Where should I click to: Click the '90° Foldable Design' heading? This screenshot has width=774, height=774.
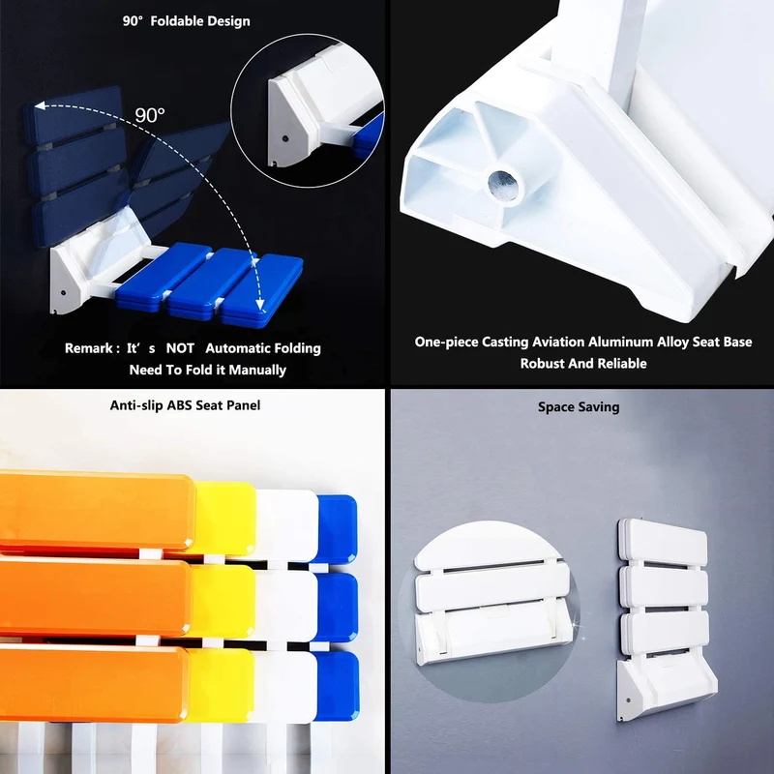tap(186, 21)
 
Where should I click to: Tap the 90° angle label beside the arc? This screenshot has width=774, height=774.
tap(150, 115)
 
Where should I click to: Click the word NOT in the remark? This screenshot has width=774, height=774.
tap(180, 348)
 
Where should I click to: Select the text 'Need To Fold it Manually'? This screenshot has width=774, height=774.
tap(207, 370)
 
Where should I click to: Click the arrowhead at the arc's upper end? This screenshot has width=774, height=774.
tap(39, 105)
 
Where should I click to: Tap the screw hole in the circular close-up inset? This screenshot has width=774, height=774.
tap(284, 138)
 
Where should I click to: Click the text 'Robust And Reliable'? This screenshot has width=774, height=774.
tap(583, 364)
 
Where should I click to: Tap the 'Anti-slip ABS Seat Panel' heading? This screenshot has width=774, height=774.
tap(185, 405)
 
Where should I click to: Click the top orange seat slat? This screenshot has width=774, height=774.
tap(96, 511)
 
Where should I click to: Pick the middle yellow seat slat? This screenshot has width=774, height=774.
tap(223, 601)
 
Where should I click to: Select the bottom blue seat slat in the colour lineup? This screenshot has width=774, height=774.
tap(337, 686)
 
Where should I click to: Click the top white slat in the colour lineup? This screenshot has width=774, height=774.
tap(286, 525)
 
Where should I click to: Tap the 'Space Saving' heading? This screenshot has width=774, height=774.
tap(579, 407)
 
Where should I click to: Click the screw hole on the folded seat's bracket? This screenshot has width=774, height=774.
tap(628, 700)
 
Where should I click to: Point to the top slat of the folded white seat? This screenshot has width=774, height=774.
tap(663, 542)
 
